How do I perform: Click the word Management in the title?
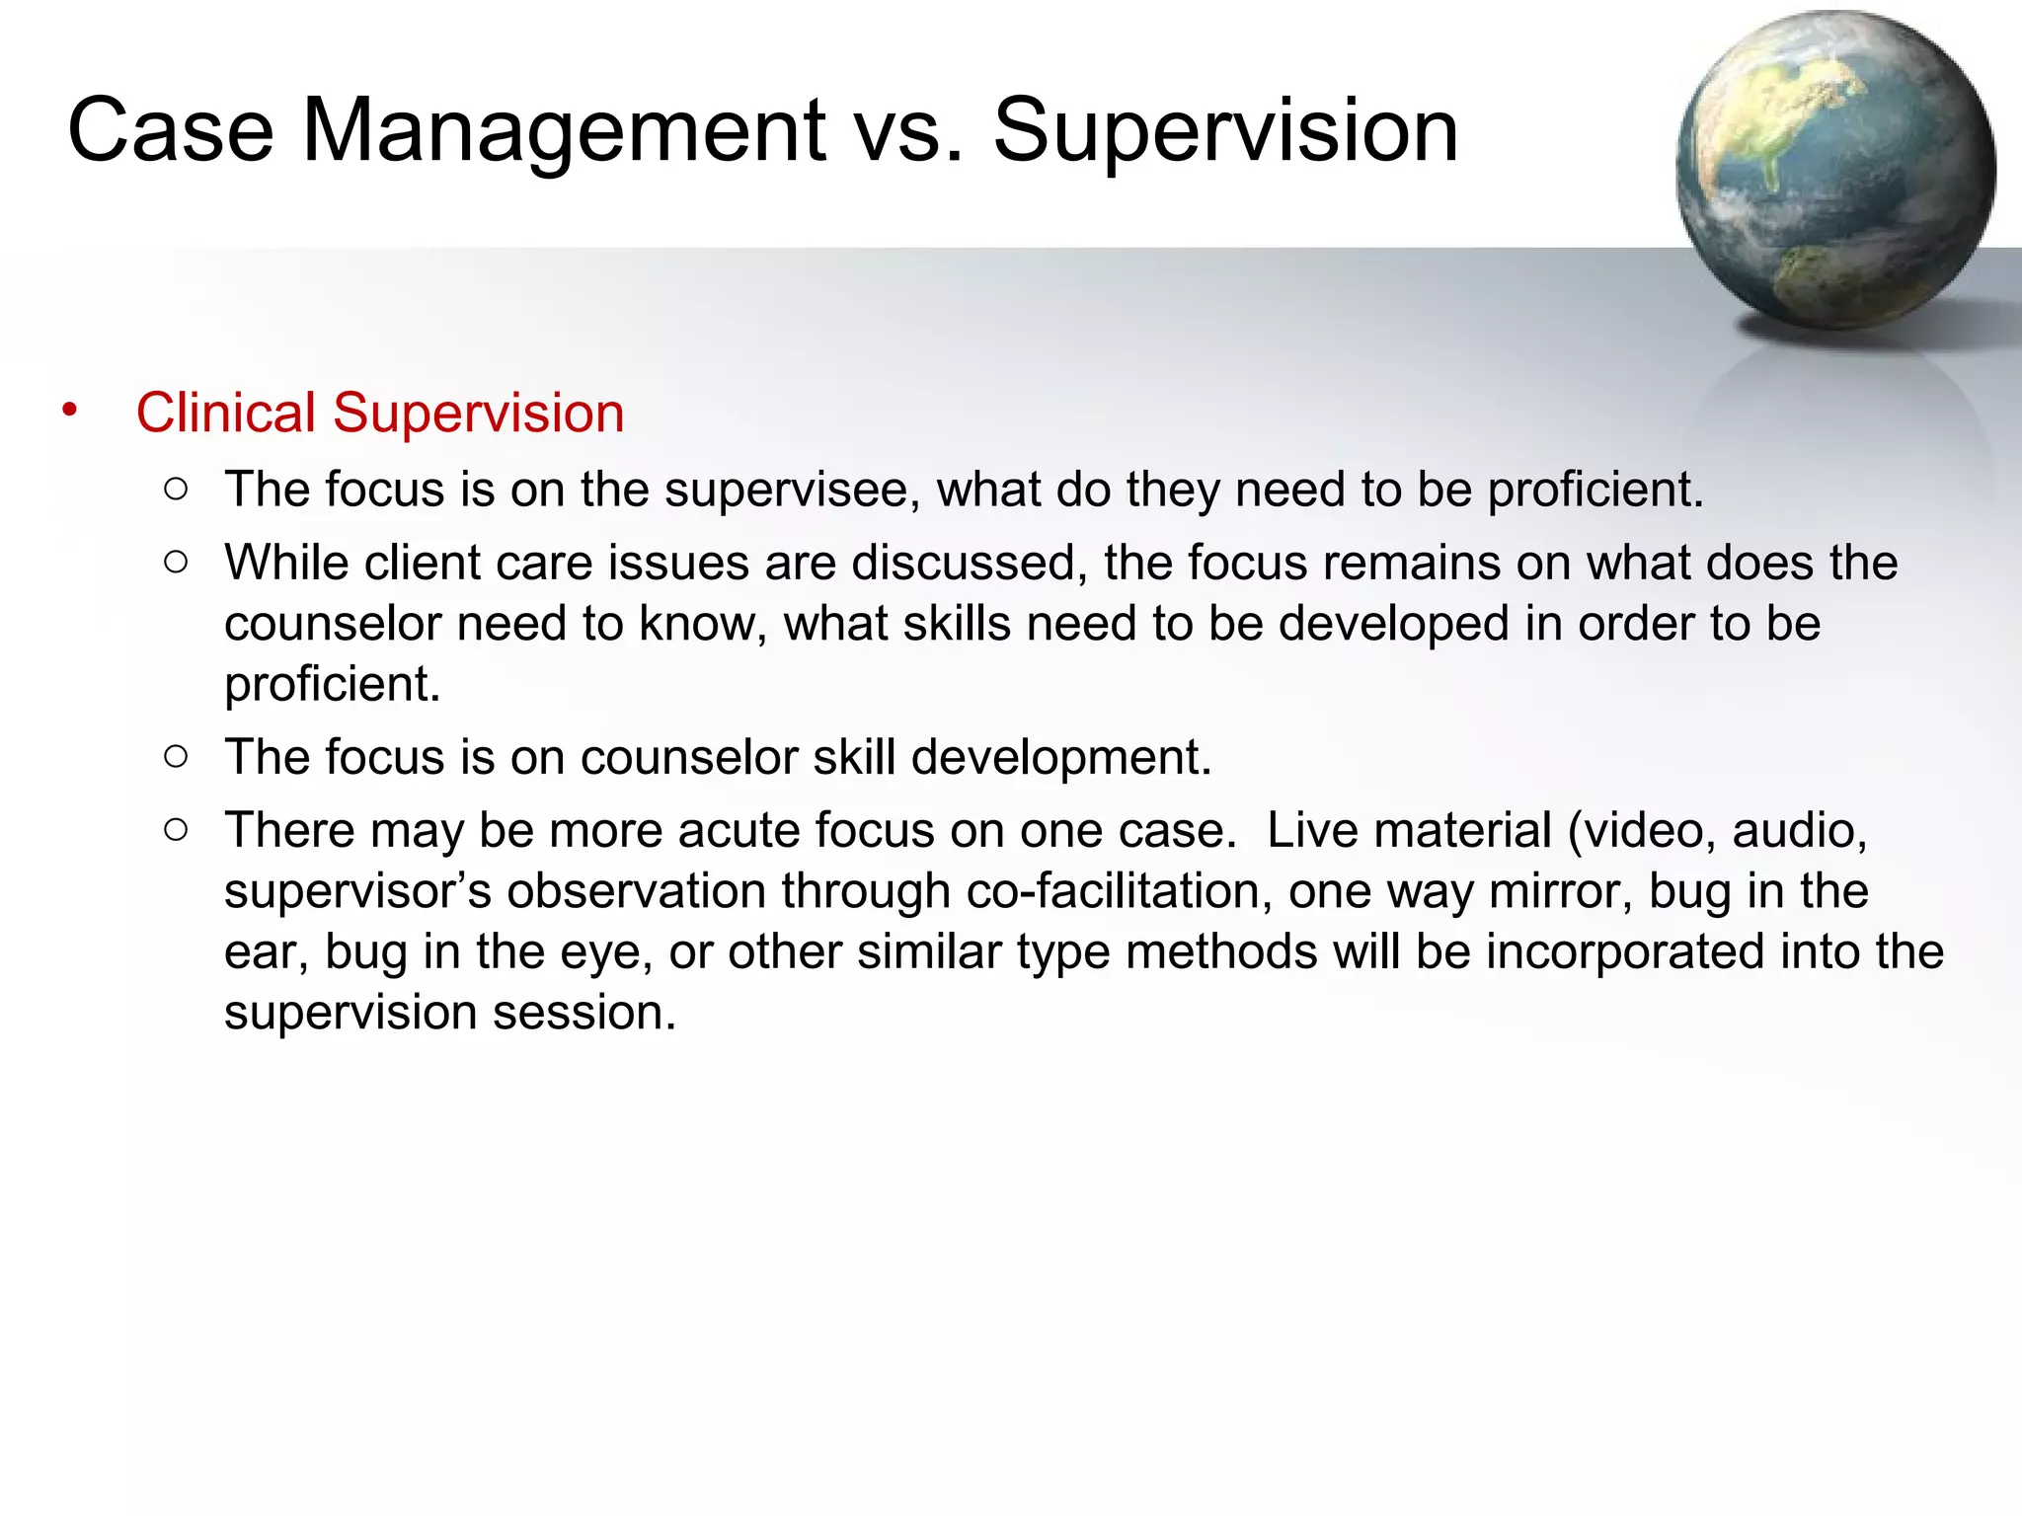564,131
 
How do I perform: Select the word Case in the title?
170,131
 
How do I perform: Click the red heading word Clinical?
226,413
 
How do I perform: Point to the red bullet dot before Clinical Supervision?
68,410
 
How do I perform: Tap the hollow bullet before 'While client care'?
176,563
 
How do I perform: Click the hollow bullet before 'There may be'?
176,830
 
